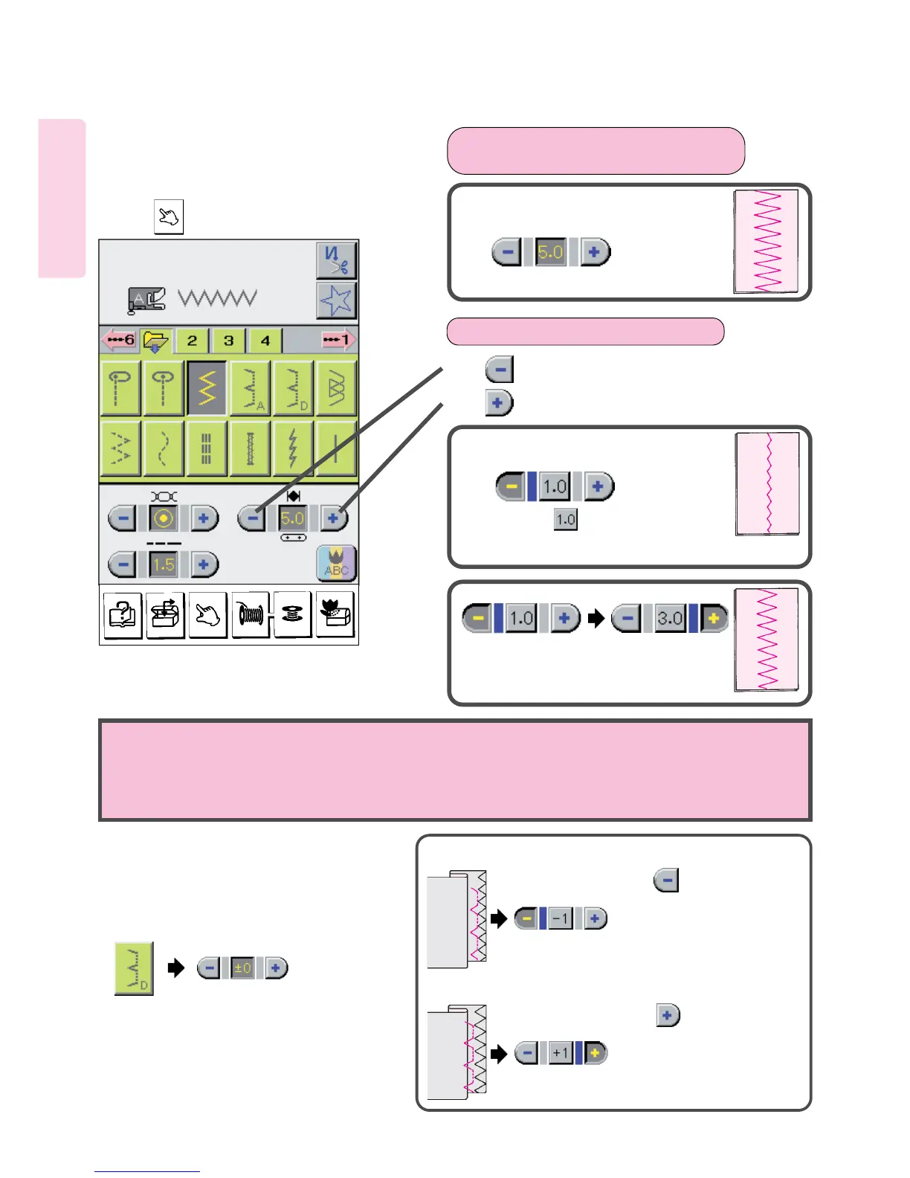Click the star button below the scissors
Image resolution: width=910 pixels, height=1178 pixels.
coord(336,300)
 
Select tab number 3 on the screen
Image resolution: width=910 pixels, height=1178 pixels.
coord(228,341)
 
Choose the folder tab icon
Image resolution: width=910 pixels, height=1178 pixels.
coord(155,341)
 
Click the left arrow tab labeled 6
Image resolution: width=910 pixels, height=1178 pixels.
coord(119,341)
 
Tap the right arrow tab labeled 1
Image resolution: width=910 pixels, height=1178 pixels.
coord(338,341)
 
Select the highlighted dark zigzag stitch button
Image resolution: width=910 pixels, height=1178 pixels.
coord(207,387)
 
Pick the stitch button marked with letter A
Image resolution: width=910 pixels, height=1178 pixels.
coord(250,387)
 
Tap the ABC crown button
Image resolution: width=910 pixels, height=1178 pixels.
coord(336,564)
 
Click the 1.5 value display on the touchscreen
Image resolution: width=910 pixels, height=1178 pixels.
coord(164,564)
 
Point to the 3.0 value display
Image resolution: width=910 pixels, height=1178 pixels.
coord(669,618)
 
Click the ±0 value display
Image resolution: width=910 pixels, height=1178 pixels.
coord(242,968)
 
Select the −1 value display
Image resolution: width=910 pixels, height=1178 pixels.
coord(561,918)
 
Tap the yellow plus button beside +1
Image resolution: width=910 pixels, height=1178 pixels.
coord(595,1053)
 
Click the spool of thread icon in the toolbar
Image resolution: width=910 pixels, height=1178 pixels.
coord(251,614)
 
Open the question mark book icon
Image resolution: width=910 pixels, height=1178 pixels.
coord(122,614)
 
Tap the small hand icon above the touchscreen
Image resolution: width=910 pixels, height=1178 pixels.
coord(169,217)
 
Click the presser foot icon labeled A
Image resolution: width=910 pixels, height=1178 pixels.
coord(146,299)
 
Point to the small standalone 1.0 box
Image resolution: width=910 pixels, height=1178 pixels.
coord(566,519)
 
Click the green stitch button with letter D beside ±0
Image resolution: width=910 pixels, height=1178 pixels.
coord(134,968)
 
